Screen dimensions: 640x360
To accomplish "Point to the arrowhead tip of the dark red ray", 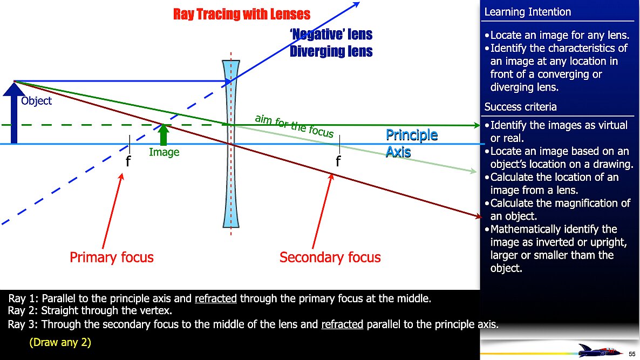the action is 482,217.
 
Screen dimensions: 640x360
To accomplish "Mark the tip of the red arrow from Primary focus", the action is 122,173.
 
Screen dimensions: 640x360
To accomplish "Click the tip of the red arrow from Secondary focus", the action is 332,173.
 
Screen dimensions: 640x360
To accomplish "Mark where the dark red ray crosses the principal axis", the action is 231,144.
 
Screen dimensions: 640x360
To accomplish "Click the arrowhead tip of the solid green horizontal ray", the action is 480,125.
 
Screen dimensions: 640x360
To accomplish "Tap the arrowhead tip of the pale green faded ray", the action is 476,172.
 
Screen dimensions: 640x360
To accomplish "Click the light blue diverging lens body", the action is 231,144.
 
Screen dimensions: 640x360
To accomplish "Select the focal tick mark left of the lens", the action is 130,144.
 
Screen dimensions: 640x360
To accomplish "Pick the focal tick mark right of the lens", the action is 339,144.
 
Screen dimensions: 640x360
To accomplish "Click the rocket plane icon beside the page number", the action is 599,350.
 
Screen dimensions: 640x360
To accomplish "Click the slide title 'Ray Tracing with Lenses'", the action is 242,14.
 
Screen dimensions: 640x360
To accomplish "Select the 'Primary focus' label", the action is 111,257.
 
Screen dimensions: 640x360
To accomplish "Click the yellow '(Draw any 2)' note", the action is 60,342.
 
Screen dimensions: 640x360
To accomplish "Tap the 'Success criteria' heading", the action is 520,107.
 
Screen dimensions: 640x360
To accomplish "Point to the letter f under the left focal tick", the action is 128,161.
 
